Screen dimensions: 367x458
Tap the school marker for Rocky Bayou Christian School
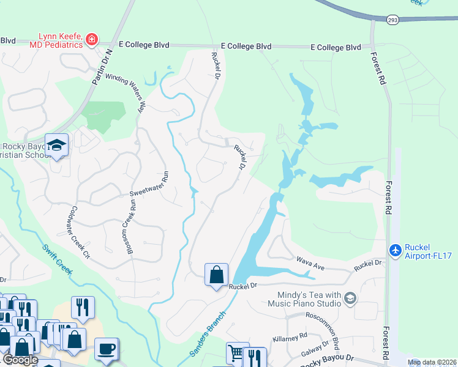(x=56, y=146)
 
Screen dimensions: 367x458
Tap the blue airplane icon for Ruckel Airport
(x=396, y=250)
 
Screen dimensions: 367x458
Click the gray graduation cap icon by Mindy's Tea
(x=350, y=298)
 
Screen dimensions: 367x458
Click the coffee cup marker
(x=107, y=348)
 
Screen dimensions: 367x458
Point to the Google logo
(x=21, y=360)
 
